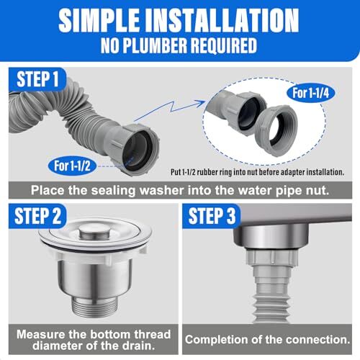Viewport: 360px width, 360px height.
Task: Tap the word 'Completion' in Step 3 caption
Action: pyautogui.click(x=223, y=339)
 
